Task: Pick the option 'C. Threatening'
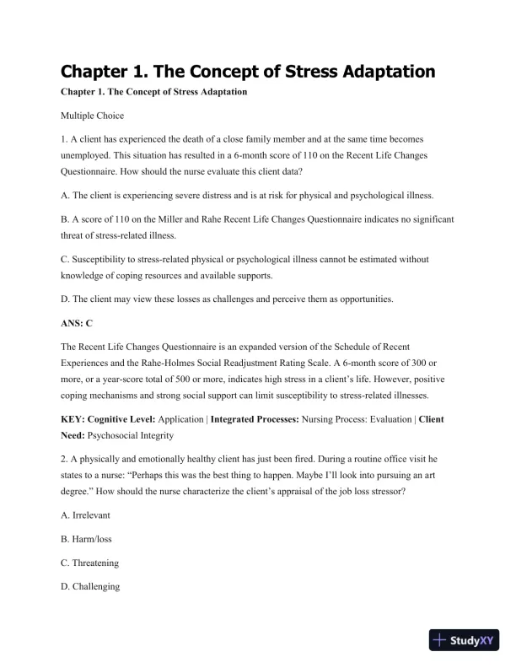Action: [95, 563]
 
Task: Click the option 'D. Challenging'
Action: [95, 584]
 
